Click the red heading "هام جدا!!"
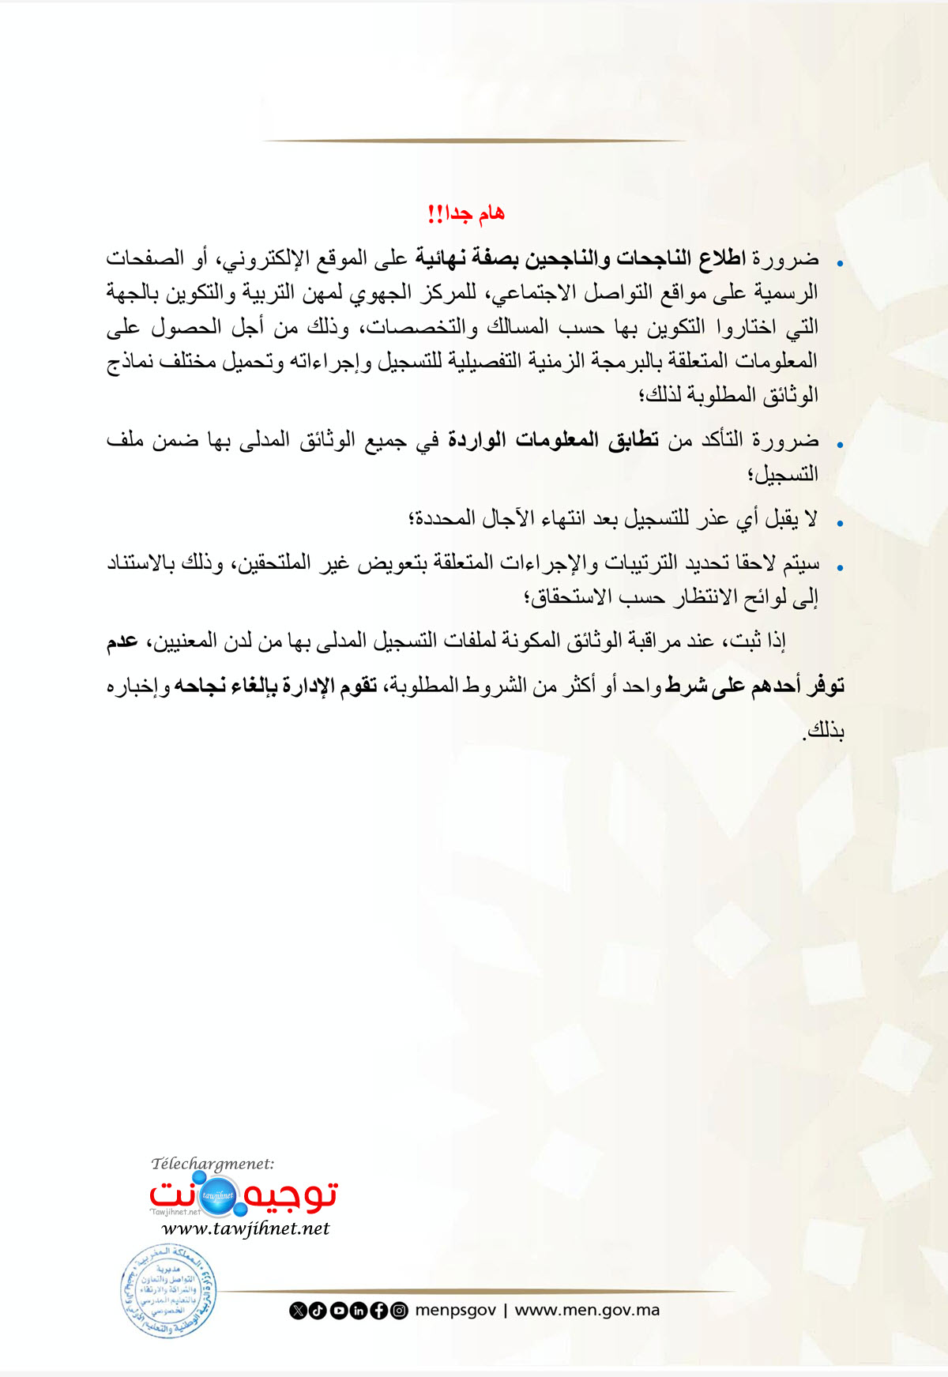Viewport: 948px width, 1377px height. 465,213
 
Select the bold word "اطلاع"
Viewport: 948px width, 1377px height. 722,258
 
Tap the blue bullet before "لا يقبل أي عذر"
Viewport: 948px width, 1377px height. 840,523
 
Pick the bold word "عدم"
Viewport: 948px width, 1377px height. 122,641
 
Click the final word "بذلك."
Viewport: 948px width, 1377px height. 824,731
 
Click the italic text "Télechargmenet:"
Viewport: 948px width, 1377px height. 213,1164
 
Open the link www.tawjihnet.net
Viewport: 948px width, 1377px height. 245,1228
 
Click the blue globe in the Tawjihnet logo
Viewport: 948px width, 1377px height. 217,1195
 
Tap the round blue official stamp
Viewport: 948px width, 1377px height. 168,1291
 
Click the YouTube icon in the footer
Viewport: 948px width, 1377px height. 338,1311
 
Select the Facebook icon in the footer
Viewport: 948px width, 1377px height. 379,1311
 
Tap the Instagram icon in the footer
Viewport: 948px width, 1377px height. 400,1311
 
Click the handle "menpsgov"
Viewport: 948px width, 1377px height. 456,1311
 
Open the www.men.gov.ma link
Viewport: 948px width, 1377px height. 587,1311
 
